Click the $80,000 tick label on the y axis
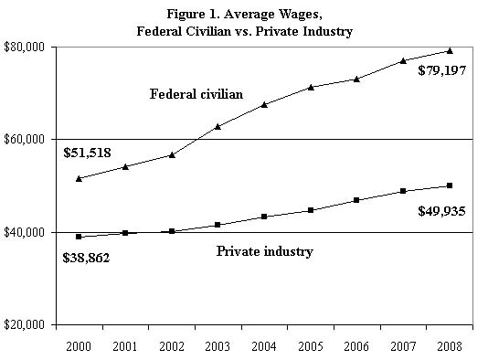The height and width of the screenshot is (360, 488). coord(26,47)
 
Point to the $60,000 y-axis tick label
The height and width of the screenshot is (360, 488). coord(26,139)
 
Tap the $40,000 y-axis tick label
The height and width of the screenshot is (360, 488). coord(26,232)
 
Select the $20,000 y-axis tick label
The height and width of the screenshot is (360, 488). coord(26,324)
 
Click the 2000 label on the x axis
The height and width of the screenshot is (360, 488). coord(80,346)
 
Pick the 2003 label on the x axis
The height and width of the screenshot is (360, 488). coord(217,346)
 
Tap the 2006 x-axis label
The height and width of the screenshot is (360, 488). coord(355,346)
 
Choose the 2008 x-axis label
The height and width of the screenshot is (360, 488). coord(448,346)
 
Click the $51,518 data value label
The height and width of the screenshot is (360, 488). coord(87,153)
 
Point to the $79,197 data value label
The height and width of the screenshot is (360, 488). coord(441,70)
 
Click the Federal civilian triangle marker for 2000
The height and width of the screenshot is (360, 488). coord(80,178)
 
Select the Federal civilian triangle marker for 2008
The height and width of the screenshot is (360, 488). coord(449,50)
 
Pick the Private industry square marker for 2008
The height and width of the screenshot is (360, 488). coord(449,185)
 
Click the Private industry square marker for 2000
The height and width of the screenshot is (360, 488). coord(80,237)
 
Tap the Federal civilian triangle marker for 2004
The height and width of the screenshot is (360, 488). coord(264,104)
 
